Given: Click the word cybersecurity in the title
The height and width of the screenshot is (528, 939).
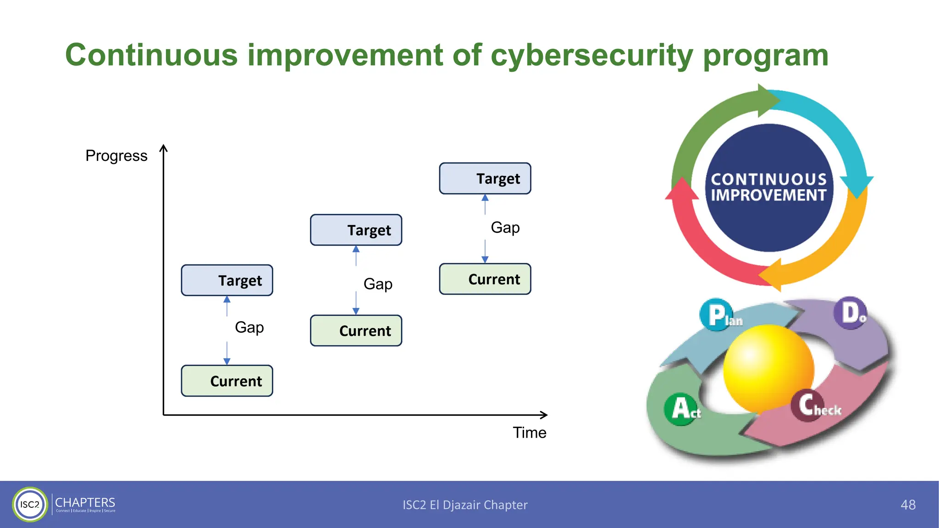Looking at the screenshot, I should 591,56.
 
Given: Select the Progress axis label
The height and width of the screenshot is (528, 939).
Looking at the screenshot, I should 116,156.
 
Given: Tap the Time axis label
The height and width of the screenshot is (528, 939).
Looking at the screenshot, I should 529,433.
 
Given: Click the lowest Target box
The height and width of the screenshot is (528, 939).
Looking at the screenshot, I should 227,280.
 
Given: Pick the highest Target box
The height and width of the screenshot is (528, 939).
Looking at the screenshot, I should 485,178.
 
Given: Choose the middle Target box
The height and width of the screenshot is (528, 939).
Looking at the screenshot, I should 356,230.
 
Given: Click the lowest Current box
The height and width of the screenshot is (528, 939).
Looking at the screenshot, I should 227,381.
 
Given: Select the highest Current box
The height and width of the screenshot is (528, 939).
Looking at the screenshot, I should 485,279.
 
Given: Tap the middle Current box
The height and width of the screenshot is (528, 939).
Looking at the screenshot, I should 356,330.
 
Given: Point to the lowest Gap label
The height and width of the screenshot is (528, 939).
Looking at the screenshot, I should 249,327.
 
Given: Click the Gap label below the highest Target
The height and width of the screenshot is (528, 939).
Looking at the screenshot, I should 505,227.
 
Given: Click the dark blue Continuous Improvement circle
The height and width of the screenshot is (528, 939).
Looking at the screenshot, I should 769,188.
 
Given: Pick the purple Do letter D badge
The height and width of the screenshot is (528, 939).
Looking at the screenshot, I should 850,313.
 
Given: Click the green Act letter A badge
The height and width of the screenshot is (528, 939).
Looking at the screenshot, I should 681,408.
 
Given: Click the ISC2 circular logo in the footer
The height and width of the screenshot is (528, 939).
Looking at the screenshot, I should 30,504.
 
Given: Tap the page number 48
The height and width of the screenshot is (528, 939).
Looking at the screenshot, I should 908,505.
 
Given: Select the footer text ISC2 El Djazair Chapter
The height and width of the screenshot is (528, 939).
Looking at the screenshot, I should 465,505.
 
